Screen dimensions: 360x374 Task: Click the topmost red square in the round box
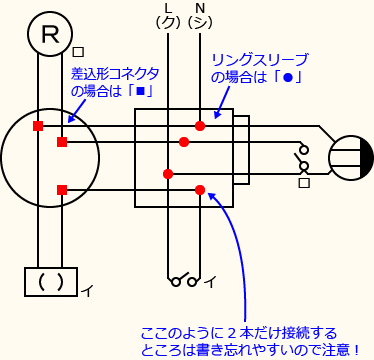[38, 126]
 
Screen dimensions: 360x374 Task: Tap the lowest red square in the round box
[62, 189]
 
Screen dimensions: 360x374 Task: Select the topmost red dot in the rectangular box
[200, 126]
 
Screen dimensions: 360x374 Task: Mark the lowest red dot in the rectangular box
[200, 189]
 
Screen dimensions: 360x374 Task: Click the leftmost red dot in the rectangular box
[167, 174]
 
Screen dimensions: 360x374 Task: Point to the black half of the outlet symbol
[366, 158]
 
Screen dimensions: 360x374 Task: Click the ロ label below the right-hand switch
[304, 184]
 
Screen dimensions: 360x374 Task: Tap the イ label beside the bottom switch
[210, 282]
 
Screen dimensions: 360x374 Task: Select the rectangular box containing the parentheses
[50, 282]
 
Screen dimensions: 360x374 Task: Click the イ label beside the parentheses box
[87, 291]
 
